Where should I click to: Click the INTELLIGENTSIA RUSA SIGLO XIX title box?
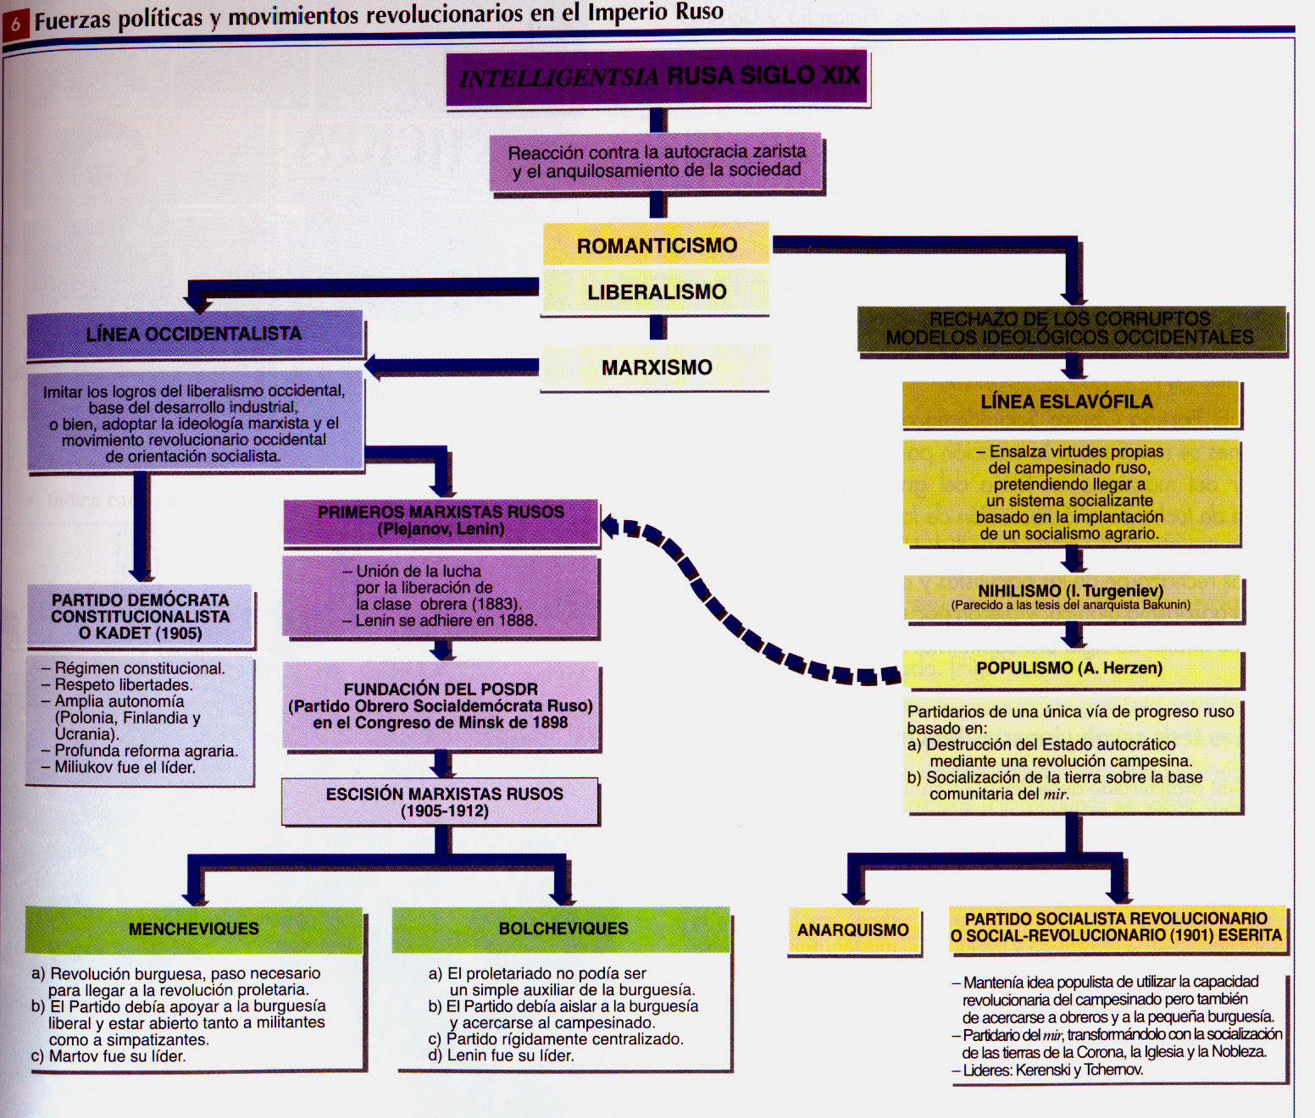(x=657, y=78)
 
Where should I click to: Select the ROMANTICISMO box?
(x=656, y=244)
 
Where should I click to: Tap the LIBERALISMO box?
(x=656, y=291)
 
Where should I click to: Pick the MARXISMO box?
(x=656, y=367)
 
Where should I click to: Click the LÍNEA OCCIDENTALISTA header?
(x=195, y=335)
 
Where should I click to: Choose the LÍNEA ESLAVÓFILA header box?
(x=1071, y=402)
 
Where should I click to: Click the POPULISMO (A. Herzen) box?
(x=1071, y=668)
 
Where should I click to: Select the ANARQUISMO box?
(x=853, y=930)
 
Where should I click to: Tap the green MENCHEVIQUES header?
(x=194, y=929)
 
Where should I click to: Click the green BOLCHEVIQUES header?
(x=562, y=929)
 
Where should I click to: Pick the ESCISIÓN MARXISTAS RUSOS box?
(x=441, y=802)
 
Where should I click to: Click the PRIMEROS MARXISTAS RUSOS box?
(x=441, y=522)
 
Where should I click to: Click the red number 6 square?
(x=15, y=25)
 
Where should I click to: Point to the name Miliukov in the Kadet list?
(x=79, y=767)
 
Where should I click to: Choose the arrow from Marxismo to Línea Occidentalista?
(x=452, y=366)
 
